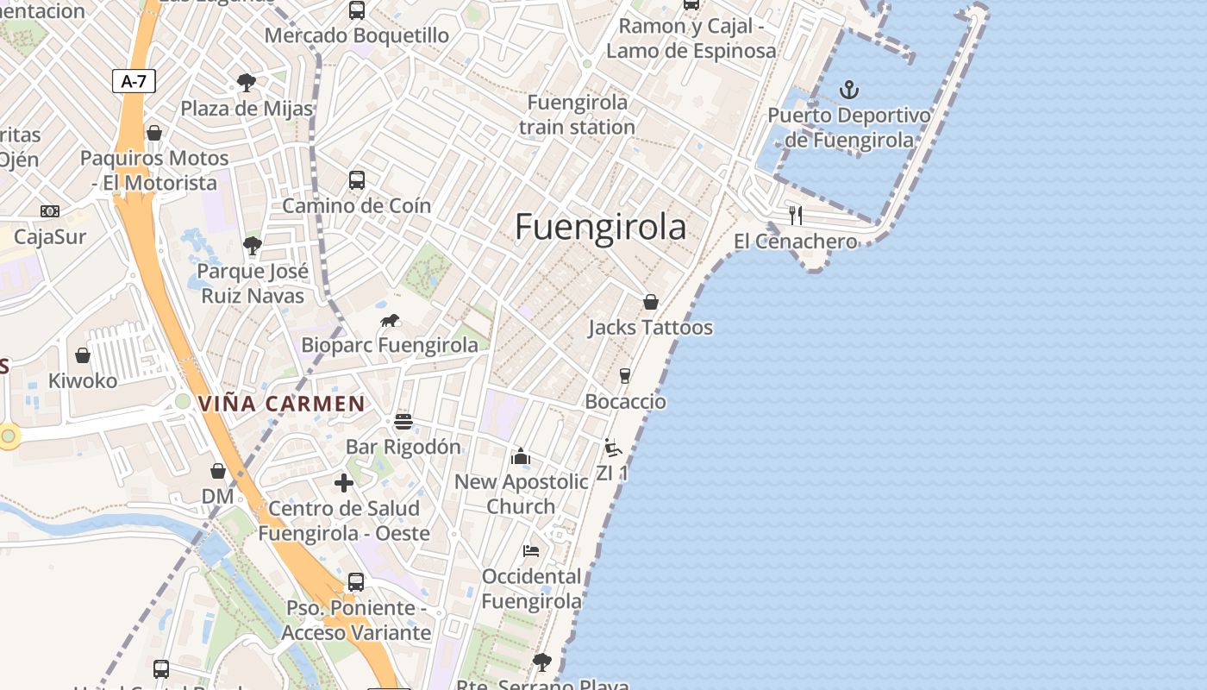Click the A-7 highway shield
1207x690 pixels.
(x=134, y=82)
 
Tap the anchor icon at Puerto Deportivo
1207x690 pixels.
(x=849, y=89)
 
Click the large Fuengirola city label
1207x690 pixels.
(x=601, y=227)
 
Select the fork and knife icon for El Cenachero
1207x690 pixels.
(x=796, y=216)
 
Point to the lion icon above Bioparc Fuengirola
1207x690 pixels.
(x=390, y=321)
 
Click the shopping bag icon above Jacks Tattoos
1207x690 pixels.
(x=651, y=302)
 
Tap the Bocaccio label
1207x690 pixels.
(x=625, y=402)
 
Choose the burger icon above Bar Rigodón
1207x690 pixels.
(x=403, y=422)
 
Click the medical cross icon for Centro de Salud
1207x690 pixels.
(x=344, y=483)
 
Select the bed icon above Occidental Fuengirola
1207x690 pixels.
(x=531, y=550)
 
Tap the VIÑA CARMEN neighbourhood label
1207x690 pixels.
(x=282, y=404)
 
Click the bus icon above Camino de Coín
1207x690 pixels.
(x=357, y=180)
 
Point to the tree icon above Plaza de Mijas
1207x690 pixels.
(x=247, y=83)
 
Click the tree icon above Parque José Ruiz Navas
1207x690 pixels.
(x=252, y=246)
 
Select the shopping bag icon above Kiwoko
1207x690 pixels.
(x=83, y=355)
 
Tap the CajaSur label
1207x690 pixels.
(x=51, y=237)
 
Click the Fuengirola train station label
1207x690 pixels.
(x=578, y=115)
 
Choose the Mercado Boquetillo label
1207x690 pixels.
(x=356, y=35)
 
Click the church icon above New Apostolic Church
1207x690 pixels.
(x=521, y=456)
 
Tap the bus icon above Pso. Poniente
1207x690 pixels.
(x=356, y=582)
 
